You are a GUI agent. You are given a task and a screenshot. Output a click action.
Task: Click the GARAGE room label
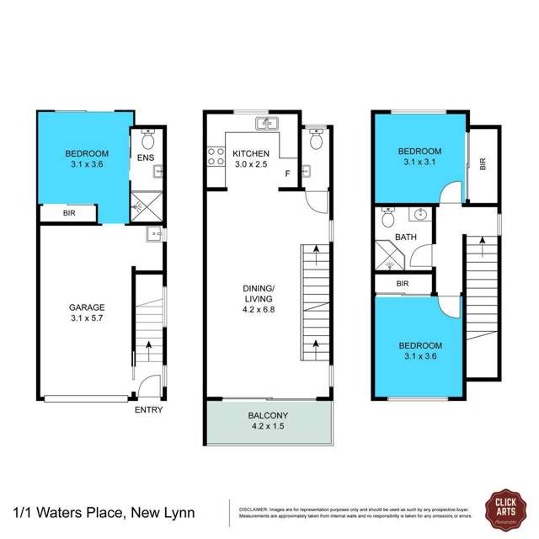[87, 307]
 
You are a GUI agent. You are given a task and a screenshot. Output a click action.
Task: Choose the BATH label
[407, 238]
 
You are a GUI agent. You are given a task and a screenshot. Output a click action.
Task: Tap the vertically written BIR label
[483, 163]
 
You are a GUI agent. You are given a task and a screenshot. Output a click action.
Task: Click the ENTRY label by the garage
[148, 410]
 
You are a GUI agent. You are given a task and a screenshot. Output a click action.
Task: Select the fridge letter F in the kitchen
[287, 174]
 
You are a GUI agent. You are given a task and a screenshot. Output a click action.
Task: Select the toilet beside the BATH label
[387, 220]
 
